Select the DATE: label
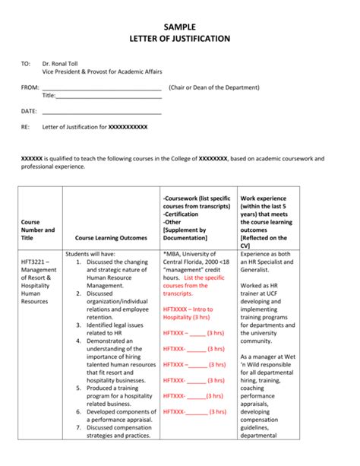29,111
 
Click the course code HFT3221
35,262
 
